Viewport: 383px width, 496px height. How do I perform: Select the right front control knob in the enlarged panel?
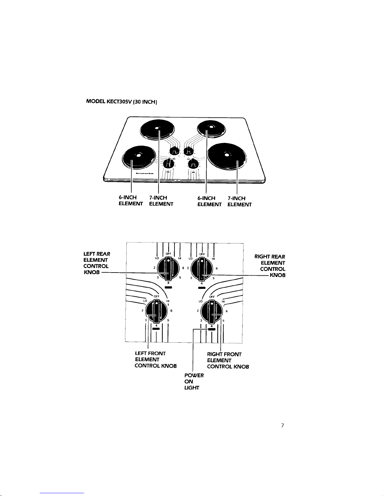pos(212,311)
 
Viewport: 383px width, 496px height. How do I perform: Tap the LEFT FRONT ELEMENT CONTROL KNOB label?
pos(155,360)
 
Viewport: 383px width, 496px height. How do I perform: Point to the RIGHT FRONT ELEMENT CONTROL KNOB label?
pos(228,360)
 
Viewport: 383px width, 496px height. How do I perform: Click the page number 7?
pos(282,425)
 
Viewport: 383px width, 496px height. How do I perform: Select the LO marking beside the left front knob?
pos(145,301)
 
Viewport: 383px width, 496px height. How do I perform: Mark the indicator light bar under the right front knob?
pos(212,329)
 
